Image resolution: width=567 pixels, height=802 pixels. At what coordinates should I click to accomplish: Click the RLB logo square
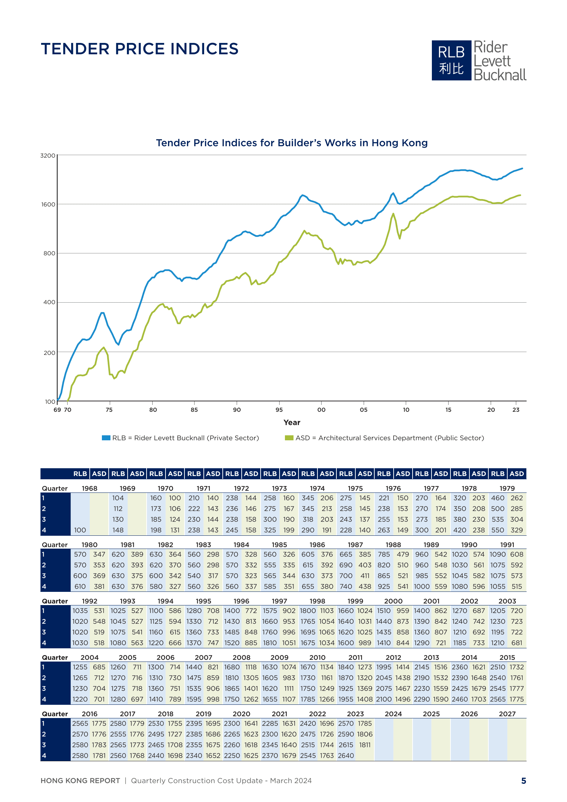(451, 60)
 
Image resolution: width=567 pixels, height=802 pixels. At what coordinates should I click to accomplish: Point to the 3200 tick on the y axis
(48, 156)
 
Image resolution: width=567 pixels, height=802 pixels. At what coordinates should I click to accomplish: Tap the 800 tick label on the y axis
(49, 253)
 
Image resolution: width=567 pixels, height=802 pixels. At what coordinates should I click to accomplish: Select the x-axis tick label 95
(279, 410)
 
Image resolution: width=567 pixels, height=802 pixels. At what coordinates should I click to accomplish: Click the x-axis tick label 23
(516, 410)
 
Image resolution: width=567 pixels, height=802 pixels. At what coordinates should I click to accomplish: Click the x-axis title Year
(292, 422)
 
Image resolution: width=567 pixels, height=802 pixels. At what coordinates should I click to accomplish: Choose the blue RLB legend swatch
(106, 438)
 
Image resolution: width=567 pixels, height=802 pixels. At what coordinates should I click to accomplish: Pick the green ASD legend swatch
(289, 438)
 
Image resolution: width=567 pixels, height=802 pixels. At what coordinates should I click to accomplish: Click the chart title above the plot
(292, 143)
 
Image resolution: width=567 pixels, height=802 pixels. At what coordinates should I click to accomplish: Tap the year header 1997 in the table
(279, 601)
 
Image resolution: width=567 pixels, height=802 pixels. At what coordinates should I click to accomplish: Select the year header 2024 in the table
(393, 714)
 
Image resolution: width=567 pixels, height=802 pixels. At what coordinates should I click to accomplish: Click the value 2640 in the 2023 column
(346, 756)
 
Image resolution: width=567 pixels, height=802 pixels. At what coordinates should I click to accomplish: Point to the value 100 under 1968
(80, 530)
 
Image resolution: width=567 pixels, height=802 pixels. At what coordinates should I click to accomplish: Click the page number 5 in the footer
(523, 781)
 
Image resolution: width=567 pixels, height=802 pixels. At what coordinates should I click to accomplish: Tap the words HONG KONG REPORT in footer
(80, 781)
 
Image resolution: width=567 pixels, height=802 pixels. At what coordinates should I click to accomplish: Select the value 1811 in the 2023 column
(365, 745)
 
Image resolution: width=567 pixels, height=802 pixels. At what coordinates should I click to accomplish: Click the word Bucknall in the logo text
(500, 75)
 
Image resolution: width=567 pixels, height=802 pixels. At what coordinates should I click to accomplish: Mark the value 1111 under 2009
(289, 688)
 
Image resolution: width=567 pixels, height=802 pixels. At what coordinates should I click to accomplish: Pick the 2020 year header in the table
(241, 714)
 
